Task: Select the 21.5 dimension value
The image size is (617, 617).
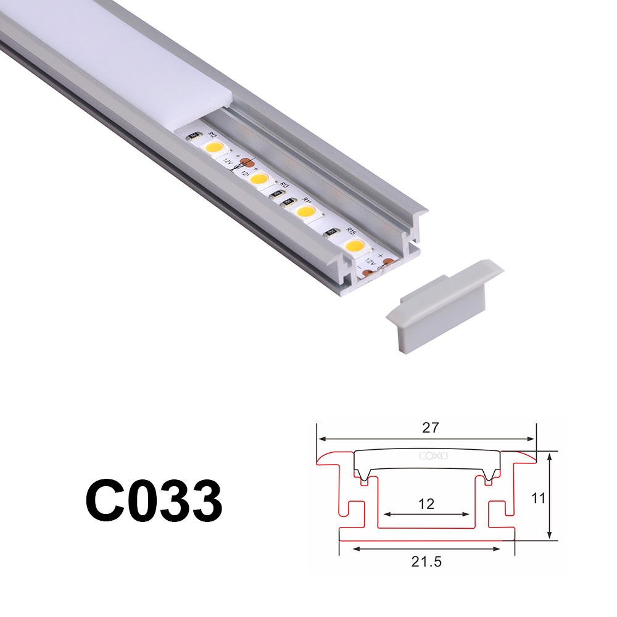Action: [x=427, y=561]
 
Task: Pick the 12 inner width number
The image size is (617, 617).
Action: [x=426, y=504]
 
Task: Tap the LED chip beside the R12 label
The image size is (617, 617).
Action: [x=214, y=147]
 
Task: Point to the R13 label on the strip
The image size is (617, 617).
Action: [x=284, y=184]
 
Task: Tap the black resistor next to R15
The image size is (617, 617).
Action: [x=331, y=232]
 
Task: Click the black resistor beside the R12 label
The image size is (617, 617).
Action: [x=193, y=138]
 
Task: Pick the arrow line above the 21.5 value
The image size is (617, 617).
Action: [x=427, y=548]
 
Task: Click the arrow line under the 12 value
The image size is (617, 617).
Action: [x=426, y=513]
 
